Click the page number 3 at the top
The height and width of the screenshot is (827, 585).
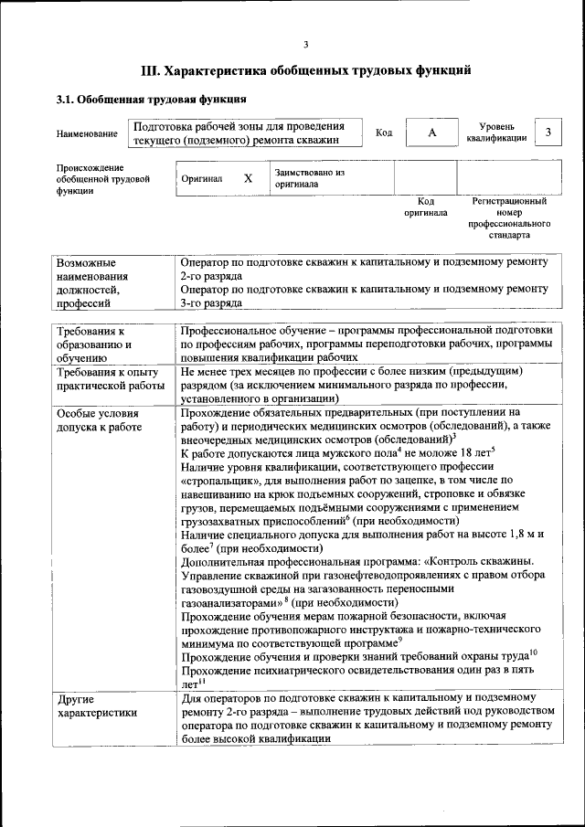(x=306, y=45)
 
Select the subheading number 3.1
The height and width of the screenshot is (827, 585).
(x=66, y=101)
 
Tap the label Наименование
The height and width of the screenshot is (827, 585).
(x=87, y=134)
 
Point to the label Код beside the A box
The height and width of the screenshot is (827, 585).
(x=384, y=133)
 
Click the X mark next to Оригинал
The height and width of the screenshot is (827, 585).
(x=248, y=178)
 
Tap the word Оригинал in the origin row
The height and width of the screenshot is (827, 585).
(x=202, y=178)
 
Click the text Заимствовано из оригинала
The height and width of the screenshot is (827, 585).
(x=309, y=177)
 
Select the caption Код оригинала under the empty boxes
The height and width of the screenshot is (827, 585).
(x=426, y=207)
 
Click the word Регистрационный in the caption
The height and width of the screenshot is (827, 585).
(x=509, y=201)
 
